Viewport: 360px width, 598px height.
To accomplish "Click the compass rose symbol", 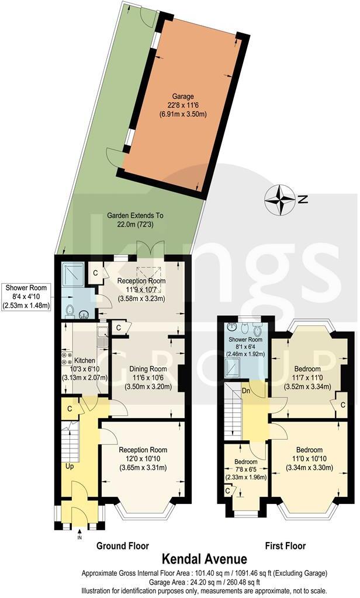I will [281, 200].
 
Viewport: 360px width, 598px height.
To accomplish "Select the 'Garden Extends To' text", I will [135, 215].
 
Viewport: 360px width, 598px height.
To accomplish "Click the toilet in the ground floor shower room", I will [71, 310].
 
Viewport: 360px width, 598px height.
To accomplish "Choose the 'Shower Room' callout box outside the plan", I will [28, 297].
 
